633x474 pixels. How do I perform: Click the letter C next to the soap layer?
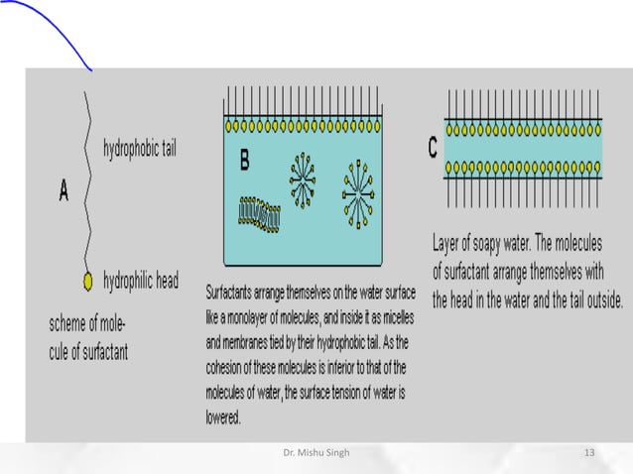click(x=433, y=148)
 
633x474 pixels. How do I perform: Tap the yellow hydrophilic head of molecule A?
click(x=88, y=282)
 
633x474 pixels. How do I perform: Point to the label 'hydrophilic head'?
click(x=141, y=282)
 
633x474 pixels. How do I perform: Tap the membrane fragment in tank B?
click(x=260, y=211)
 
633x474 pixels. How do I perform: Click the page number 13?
click(x=588, y=452)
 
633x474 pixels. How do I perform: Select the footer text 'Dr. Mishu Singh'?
click(x=316, y=452)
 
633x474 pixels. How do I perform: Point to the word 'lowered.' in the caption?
click(x=223, y=417)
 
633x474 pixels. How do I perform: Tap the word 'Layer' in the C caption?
click(x=447, y=244)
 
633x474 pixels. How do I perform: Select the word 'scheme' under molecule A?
click(x=71, y=323)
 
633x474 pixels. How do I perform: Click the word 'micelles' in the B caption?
click(x=392, y=317)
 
